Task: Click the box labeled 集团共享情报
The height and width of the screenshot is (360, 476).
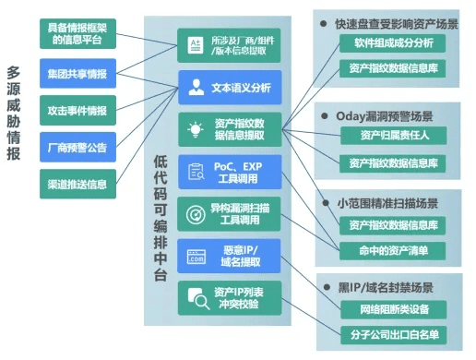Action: point(77,73)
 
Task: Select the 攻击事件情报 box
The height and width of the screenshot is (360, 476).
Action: point(77,110)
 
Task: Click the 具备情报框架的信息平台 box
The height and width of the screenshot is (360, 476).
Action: point(77,33)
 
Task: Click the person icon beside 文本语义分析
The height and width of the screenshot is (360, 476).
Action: point(196,89)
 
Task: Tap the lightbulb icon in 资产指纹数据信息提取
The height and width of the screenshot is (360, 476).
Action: point(196,129)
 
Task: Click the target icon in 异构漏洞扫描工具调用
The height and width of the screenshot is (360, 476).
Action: point(196,214)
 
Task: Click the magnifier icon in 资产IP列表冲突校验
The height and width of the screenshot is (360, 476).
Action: point(196,297)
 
